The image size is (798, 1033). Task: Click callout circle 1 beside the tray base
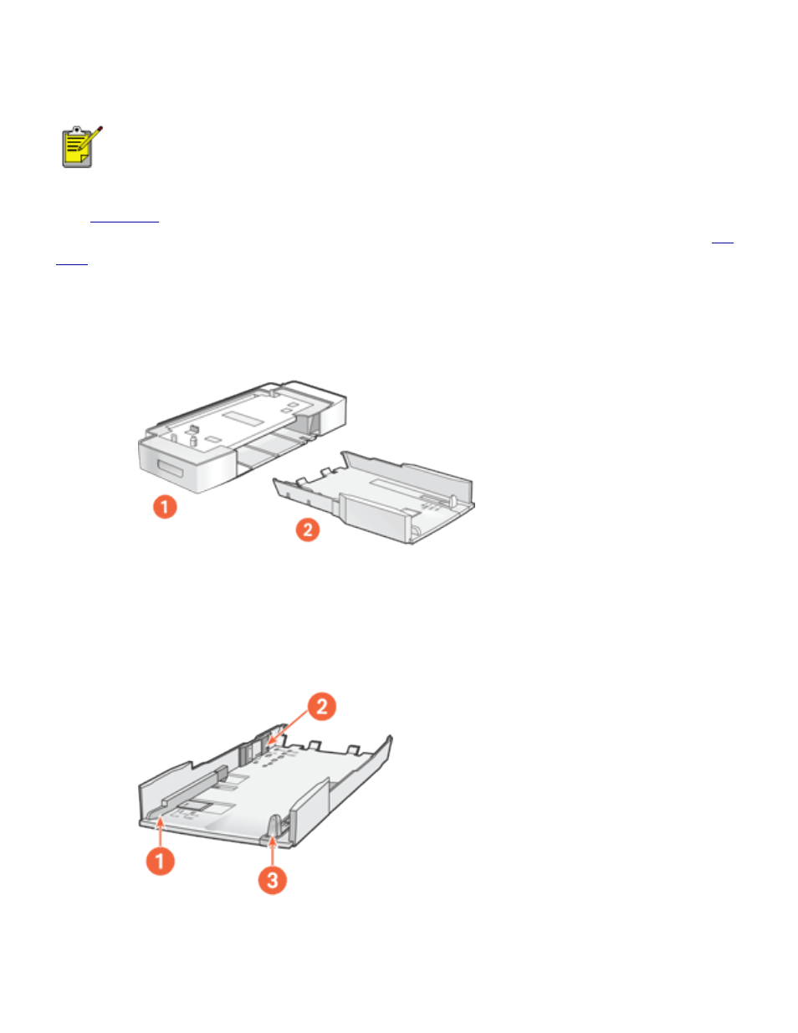[165, 506]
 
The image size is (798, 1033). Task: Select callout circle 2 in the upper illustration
[308, 529]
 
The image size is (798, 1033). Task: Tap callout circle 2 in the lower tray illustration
[321, 706]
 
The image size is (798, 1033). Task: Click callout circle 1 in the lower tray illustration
[161, 861]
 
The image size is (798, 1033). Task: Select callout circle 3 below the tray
[272, 880]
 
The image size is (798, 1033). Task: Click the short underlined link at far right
[722, 242]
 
